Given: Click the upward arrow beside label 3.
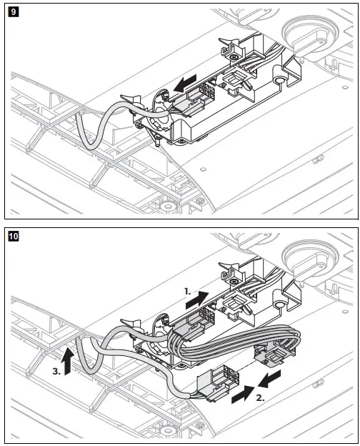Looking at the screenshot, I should [66, 361].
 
